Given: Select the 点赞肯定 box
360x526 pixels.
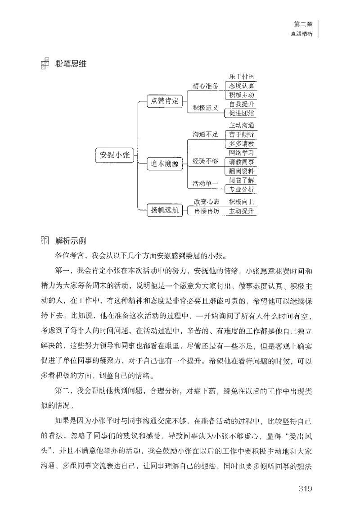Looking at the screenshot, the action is coord(164,101).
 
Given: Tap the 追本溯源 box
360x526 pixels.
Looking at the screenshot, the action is coord(164,164).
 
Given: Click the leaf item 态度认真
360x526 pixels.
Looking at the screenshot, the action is coord(241,86).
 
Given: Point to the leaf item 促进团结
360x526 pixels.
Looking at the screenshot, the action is coord(241,113).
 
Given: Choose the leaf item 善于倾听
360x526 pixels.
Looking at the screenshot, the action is coord(241,134).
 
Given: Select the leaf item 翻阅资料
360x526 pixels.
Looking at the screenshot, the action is coord(241,171).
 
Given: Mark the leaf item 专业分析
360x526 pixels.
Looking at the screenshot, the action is coord(241,189).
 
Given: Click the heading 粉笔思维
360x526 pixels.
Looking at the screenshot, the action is coord(71,64).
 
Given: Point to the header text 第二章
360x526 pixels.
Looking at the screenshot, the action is coord(301,24).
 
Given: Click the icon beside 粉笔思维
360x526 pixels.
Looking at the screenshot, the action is coord(45,64).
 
